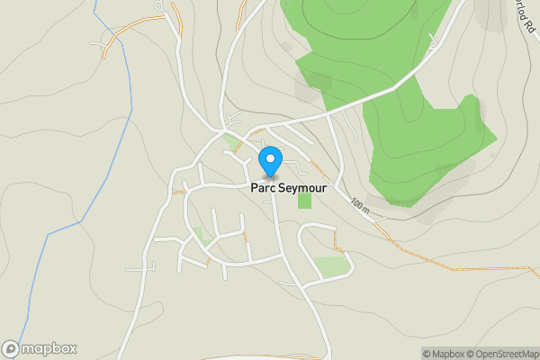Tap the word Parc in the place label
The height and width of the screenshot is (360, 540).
(x=263, y=188)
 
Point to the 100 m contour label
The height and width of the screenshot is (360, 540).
(x=362, y=205)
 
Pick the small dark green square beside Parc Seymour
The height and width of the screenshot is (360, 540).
(x=304, y=200)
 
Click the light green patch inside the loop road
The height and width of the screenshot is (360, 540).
(x=331, y=266)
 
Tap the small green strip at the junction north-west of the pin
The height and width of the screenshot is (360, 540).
(x=233, y=141)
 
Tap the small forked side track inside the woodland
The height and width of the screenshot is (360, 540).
(x=435, y=40)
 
